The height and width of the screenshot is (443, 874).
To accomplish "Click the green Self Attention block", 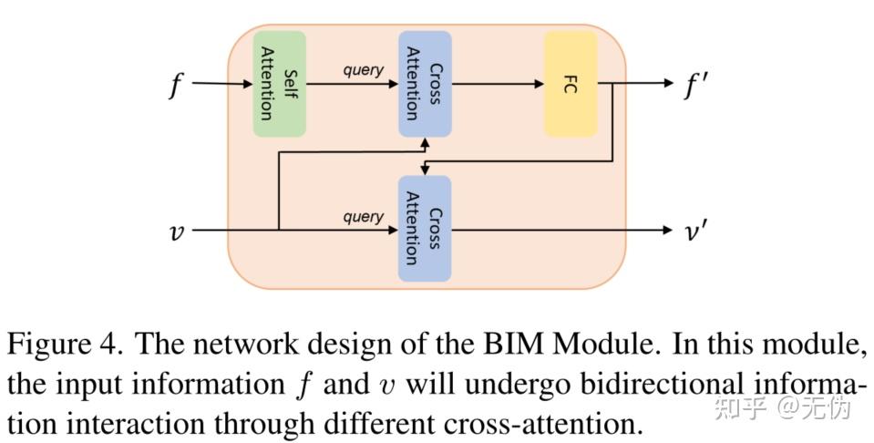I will pos(279,84).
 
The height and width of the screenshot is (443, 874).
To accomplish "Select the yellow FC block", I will pos(571,84).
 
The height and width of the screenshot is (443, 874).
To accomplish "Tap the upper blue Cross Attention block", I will pos(425,84).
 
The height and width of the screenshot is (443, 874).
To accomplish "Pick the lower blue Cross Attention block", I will pos(425,229).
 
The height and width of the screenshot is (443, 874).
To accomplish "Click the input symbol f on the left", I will pos(175,86).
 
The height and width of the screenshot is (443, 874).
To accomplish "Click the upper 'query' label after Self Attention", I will pos(363,70).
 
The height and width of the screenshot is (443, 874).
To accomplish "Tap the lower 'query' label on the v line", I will pos(363,216).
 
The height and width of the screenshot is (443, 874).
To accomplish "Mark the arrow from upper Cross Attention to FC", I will pos(497,84).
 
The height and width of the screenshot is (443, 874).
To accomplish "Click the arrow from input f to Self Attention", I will pos(221,84).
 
